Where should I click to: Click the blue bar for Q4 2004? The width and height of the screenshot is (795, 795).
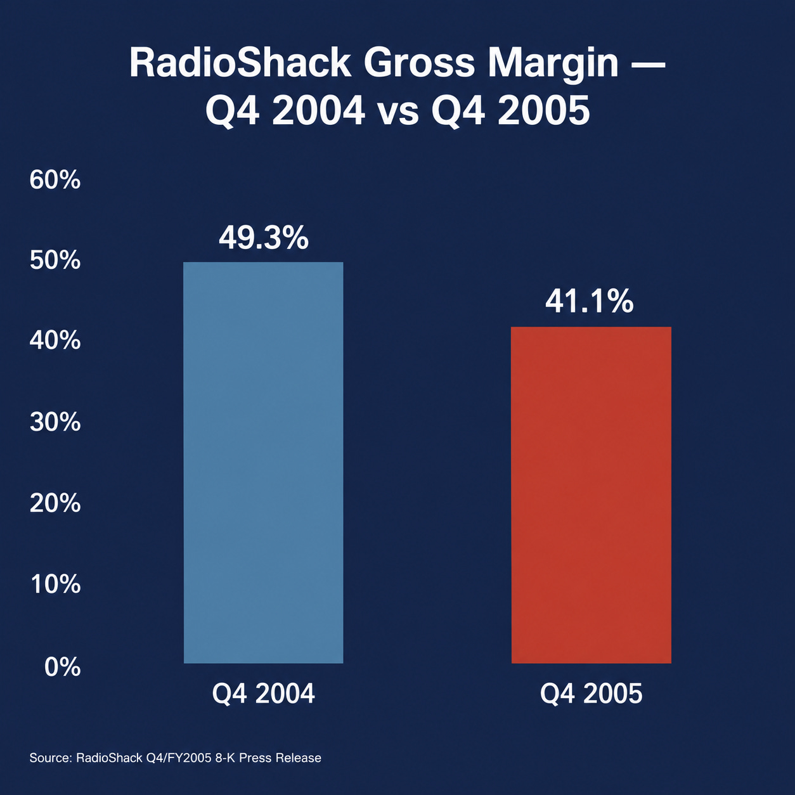pyautogui.click(x=263, y=462)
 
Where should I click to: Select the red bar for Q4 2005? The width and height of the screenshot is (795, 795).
pyautogui.click(x=591, y=495)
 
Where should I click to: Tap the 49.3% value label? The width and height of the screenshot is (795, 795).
pyautogui.click(x=264, y=238)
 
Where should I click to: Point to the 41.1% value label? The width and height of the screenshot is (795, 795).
pyautogui.click(x=589, y=302)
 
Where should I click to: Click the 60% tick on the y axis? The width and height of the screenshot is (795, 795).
pyautogui.click(x=55, y=180)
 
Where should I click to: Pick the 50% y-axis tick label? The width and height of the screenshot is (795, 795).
pyautogui.click(x=55, y=261)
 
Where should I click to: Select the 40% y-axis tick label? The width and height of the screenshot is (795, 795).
pyautogui.click(x=55, y=342)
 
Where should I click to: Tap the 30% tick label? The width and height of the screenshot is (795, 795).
pyautogui.click(x=55, y=423)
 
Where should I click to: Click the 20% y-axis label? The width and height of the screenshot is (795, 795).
pyautogui.click(x=55, y=504)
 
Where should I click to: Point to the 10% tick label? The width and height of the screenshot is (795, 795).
pyautogui.click(x=56, y=585)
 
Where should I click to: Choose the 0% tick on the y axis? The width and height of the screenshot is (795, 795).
pyautogui.click(x=62, y=667)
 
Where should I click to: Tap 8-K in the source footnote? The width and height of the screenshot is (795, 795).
pyautogui.click(x=226, y=758)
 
